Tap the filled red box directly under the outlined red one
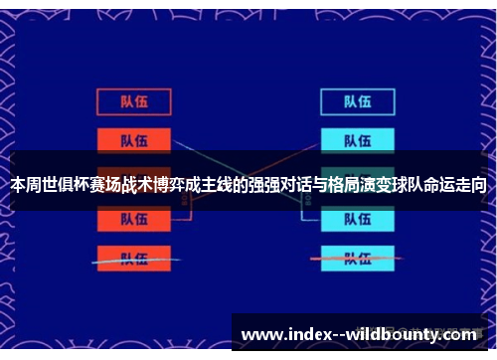pyautogui.click(x=134, y=140)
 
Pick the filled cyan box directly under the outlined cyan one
pyautogui.click(x=358, y=140)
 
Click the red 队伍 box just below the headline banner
pyautogui.click(x=134, y=221)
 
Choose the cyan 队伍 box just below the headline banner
pyautogui.click(x=358, y=221)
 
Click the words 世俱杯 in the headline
pyautogui.click(x=65, y=185)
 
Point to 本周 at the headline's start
pyautogui.click(x=25, y=185)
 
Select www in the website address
pyautogui.click(x=260, y=335)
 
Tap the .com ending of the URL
pyautogui.click(x=456, y=335)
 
